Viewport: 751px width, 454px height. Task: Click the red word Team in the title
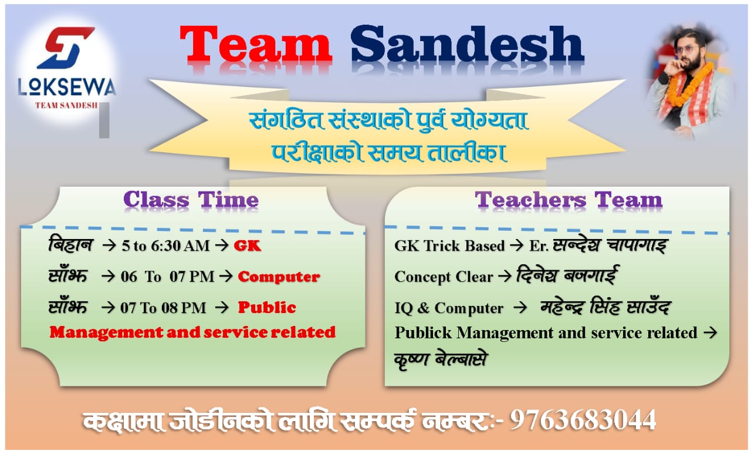click(x=256, y=46)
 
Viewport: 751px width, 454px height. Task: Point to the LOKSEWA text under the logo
click(x=66, y=88)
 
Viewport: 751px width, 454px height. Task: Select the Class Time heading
click(x=191, y=200)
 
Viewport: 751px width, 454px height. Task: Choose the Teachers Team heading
click(x=569, y=200)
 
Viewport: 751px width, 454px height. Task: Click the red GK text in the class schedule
click(x=247, y=246)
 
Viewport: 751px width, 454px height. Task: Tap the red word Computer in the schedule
click(x=279, y=277)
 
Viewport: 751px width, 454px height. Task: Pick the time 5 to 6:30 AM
click(x=165, y=246)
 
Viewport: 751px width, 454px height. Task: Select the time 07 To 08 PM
click(x=164, y=308)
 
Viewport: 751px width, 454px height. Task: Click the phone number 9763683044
click(x=583, y=421)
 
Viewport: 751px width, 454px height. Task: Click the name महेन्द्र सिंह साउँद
click(x=604, y=307)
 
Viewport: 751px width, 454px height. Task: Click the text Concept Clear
click(x=444, y=277)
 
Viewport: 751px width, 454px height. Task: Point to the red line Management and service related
click(x=192, y=332)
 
